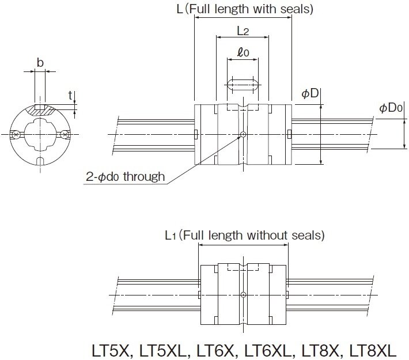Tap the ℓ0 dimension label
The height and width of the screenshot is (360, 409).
tap(243, 53)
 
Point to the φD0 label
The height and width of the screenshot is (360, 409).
tap(390, 108)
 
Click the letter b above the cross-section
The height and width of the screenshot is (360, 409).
tap(40, 62)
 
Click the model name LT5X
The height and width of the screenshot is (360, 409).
tap(112, 350)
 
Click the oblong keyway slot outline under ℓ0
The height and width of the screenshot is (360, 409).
tap(243, 85)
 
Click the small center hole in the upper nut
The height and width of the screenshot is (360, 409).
tap(243, 135)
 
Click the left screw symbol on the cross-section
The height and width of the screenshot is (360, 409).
tap(17, 134)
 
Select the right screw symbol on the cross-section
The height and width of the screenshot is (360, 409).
tap(65, 134)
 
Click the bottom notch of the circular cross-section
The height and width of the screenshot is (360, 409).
tap(40, 161)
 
